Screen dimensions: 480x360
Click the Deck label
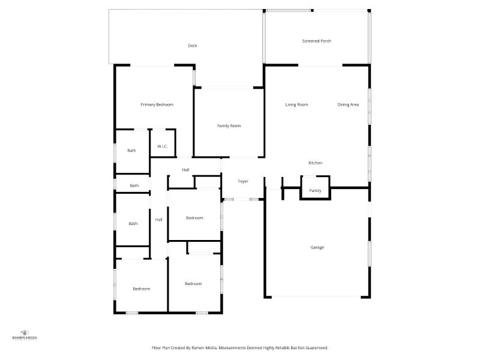(193, 46)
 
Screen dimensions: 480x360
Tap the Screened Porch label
(317, 41)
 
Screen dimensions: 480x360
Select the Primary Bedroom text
(157, 104)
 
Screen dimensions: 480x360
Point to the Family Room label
(229, 126)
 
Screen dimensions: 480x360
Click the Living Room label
(296, 104)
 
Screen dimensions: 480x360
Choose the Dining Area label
(348, 104)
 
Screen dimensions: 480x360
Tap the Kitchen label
(316, 163)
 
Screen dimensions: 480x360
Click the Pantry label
(315, 191)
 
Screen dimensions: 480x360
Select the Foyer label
(243, 182)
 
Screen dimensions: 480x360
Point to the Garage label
(317, 247)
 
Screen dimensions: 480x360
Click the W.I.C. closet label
(162, 146)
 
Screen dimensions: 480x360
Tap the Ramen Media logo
(25, 335)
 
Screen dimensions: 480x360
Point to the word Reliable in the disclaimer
(283, 348)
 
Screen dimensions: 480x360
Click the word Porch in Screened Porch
(325, 41)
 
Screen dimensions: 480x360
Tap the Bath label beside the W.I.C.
(131, 151)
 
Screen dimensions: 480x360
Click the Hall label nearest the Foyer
(185, 170)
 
